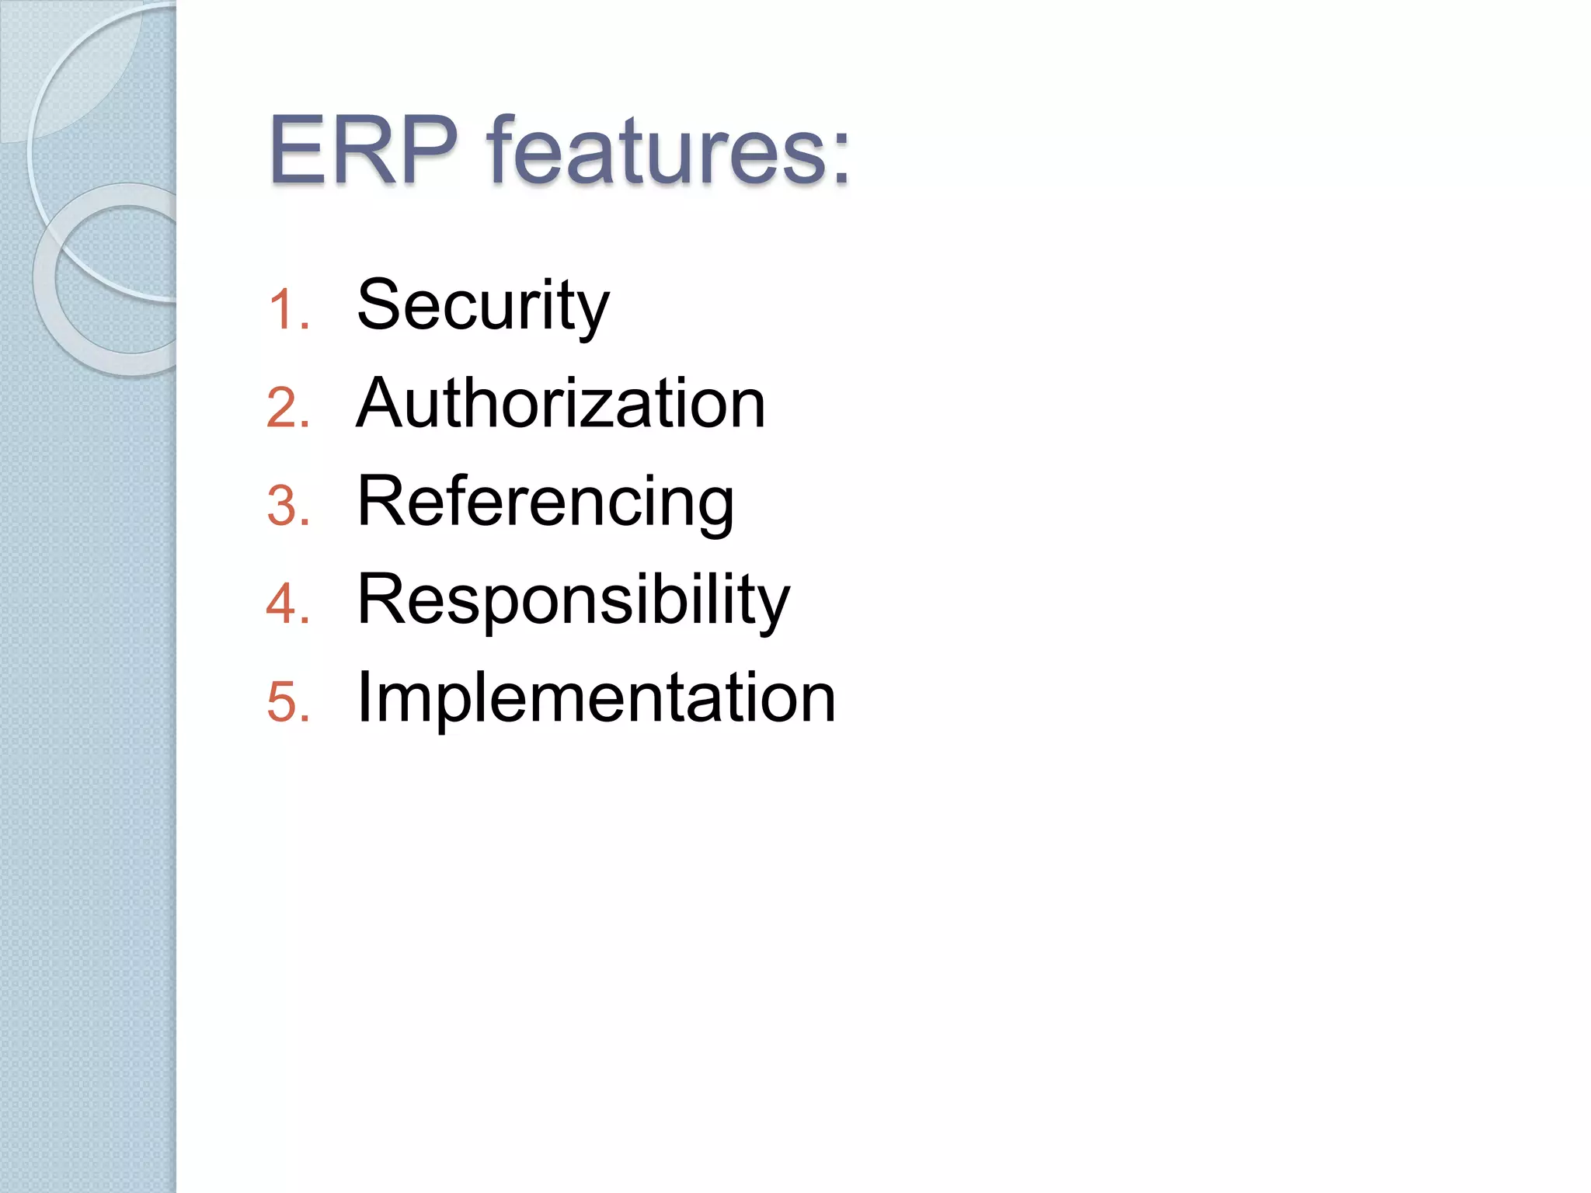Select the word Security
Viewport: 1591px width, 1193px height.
[482, 306]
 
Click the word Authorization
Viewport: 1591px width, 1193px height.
[560, 404]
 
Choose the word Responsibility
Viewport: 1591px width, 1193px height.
[573, 600]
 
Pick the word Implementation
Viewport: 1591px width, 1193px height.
[596, 697]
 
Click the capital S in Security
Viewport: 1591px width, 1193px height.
[379, 304]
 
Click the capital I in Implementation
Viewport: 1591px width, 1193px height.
[363, 697]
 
